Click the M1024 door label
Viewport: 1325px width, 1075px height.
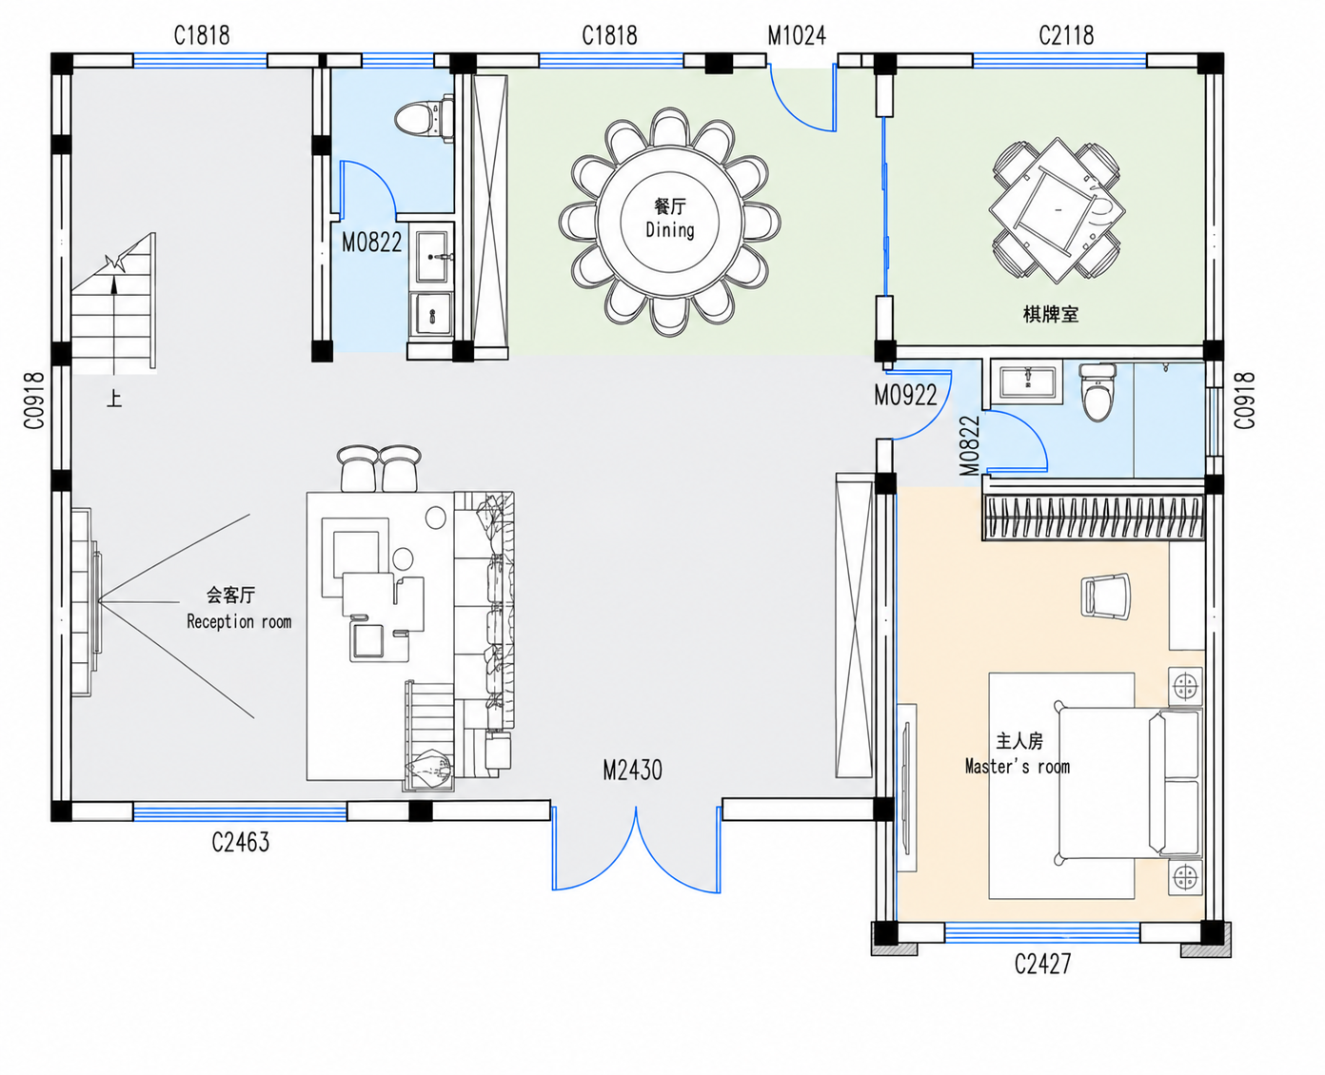pyautogui.click(x=797, y=35)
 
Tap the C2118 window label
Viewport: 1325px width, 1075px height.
pyautogui.click(x=1066, y=35)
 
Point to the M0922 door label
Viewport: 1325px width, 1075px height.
pyautogui.click(x=906, y=395)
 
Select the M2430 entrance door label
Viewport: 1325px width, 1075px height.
pyautogui.click(x=633, y=771)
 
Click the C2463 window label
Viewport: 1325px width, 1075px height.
pyautogui.click(x=241, y=842)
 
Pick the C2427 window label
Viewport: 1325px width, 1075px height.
pyautogui.click(x=1043, y=965)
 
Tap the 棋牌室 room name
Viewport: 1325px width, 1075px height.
pyautogui.click(x=1051, y=314)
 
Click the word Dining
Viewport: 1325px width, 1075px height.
pyautogui.click(x=670, y=230)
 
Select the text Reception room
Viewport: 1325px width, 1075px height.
pyautogui.click(x=239, y=622)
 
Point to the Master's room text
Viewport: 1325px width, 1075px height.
pyautogui.click(x=1018, y=767)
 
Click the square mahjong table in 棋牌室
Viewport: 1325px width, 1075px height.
pyautogui.click(x=1057, y=211)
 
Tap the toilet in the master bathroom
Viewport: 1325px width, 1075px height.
pyautogui.click(x=1098, y=392)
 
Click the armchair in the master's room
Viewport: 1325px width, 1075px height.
pyautogui.click(x=1105, y=596)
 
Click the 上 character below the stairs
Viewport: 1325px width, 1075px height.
pyautogui.click(x=114, y=398)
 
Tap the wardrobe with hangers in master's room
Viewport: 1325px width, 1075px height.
pyautogui.click(x=1094, y=518)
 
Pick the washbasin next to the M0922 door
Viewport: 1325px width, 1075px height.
pyautogui.click(x=1028, y=381)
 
